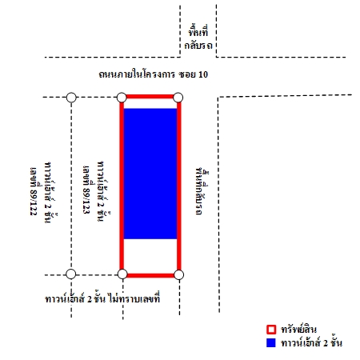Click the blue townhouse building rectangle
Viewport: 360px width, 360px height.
pyautogui.click(x=150, y=174)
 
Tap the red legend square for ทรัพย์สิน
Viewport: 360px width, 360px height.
pyautogui.click(x=271, y=330)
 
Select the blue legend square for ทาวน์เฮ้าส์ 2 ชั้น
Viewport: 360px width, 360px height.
pyautogui.click(x=271, y=342)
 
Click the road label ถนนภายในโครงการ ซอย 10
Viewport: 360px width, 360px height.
pyautogui.click(x=153, y=74)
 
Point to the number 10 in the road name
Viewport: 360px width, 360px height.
pyautogui.click(x=203, y=74)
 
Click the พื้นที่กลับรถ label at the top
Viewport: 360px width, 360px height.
pyautogui.click(x=198, y=38)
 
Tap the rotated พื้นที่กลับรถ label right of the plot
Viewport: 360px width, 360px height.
pyautogui.click(x=201, y=191)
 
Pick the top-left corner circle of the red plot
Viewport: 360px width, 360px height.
pyautogui.click(x=122, y=98)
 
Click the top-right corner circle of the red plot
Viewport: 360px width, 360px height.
pyautogui.click(x=178, y=98)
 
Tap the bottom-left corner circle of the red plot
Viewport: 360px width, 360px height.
pyautogui.click(x=122, y=274)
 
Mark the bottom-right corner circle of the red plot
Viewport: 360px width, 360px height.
pyautogui.click(x=178, y=274)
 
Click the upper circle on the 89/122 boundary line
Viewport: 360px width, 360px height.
pyautogui.click(x=71, y=98)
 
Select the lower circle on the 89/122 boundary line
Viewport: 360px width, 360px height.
pyautogui.click(x=71, y=274)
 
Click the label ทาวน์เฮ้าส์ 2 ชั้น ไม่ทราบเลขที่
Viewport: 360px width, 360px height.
pyautogui.click(x=102, y=298)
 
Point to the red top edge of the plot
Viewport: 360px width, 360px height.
pyautogui.click(x=150, y=96)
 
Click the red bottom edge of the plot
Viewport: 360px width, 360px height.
pyautogui.click(x=150, y=275)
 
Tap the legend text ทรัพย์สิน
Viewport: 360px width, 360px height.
pyautogui.click(x=298, y=330)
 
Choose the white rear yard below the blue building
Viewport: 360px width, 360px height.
pyautogui.click(x=150, y=256)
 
